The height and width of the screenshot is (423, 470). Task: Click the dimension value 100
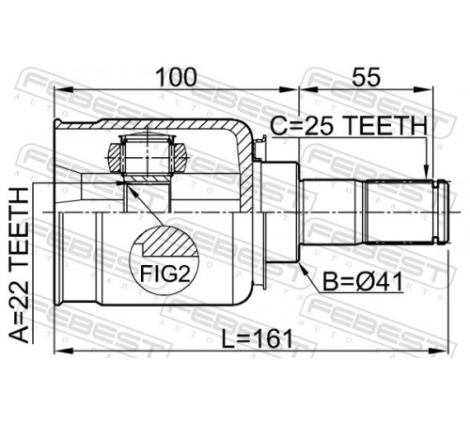(177, 77)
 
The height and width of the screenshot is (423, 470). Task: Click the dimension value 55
(366, 77)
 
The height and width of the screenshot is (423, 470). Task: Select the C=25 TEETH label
(349, 126)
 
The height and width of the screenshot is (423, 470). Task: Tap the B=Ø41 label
(363, 282)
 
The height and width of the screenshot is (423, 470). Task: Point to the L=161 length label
(257, 339)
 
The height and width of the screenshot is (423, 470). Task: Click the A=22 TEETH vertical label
(19, 265)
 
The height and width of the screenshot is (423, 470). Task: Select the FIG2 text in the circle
(164, 274)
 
